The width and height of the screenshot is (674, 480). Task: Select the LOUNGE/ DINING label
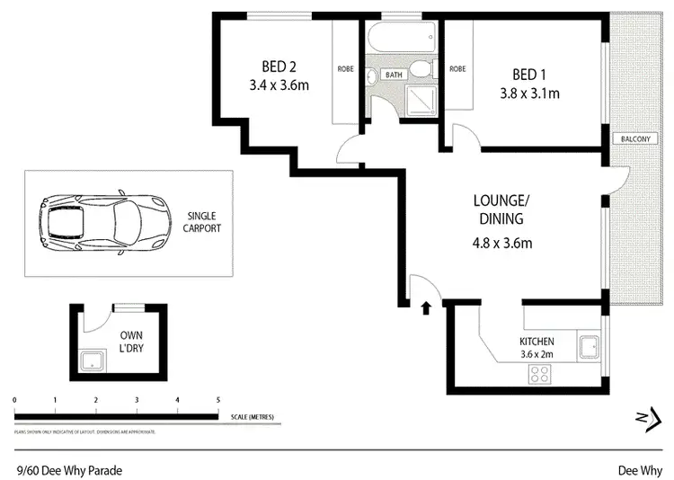click(500, 209)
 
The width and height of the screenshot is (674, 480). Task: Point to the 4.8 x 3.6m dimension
click(503, 243)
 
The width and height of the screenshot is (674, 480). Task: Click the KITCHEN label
click(537, 342)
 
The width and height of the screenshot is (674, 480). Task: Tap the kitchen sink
click(590, 347)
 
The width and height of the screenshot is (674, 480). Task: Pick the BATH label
click(394, 76)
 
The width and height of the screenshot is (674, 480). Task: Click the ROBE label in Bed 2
click(346, 68)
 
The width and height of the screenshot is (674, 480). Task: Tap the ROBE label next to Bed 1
click(457, 68)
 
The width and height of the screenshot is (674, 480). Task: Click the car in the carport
click(102, 222)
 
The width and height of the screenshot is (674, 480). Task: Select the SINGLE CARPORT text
click(203, 222)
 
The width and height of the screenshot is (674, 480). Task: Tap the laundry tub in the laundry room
click(93, 361)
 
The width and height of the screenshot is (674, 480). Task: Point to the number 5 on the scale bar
click(217, 399)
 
